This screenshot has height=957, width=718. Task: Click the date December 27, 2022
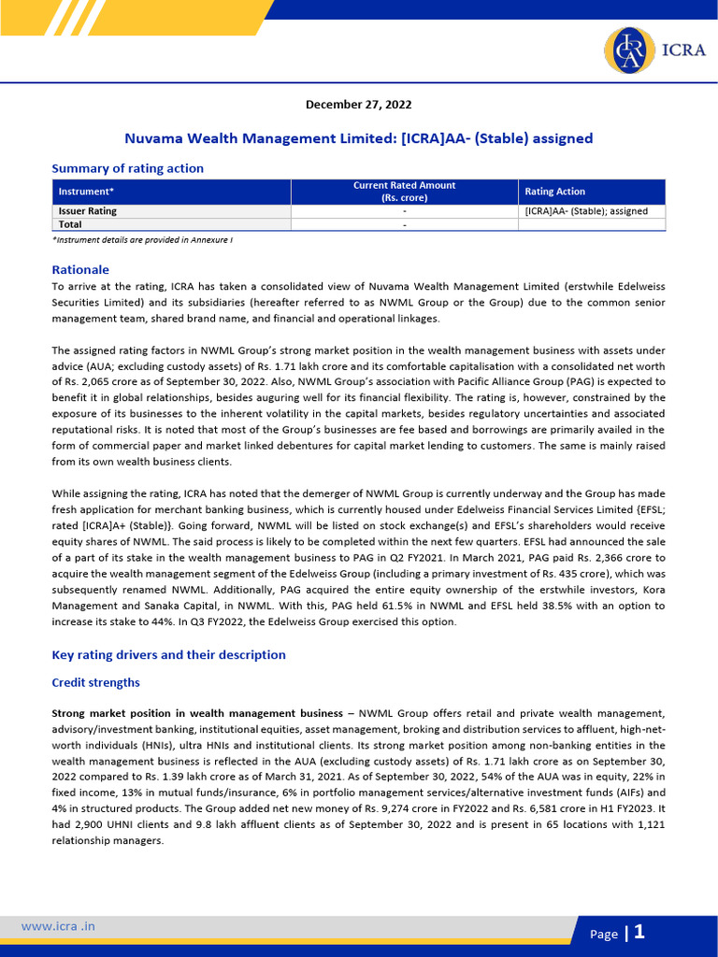[x=359, y=105]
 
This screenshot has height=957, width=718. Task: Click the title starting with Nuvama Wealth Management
[x=359, y=138]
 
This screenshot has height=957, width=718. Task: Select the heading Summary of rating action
[x=127, y=168]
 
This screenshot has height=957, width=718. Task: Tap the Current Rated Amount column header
[x=404, y=192]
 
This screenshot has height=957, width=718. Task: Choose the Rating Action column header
[x=554, y=192]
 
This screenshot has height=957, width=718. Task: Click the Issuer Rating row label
[x=88, y=211]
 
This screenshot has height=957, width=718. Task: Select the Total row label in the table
[x=70, y=224]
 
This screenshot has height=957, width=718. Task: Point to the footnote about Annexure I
[x=142, y=240]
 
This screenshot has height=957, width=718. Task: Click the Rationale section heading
[x=80, y=269]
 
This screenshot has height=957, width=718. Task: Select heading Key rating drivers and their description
[x=168, y=654]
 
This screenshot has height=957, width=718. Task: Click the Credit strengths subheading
[x=95, y=683]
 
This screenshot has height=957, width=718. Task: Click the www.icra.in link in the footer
[x=58, y=926]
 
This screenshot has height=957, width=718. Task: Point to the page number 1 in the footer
[x=639, y=932]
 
